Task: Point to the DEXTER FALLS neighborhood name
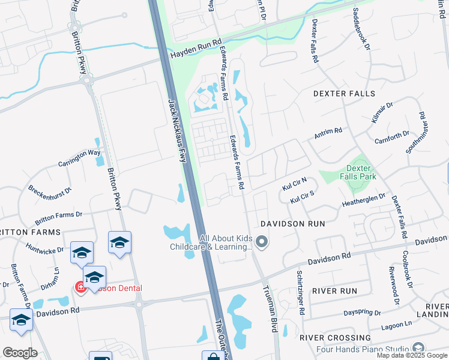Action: tap(344, 94)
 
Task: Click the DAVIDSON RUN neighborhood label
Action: tap(292, 224)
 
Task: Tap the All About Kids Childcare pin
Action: tap(261, 242)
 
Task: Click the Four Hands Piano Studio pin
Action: tap(418, 349)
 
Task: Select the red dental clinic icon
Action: tap(80, 288)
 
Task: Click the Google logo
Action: tap(20, 352)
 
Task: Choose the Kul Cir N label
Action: tap(294, 184)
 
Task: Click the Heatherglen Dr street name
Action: tap(364, 200)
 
